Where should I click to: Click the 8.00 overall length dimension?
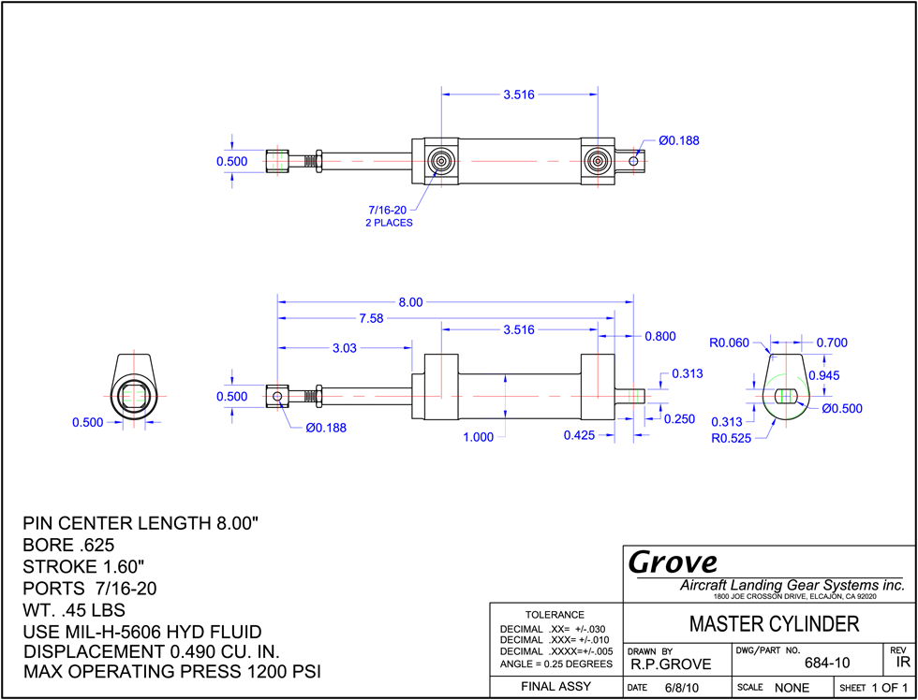pos(410,302)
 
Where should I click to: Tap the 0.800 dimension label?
pos(660,336)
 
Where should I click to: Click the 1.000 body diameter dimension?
pos(479,437)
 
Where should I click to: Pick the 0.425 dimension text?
pos(580,435)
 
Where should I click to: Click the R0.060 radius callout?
pos(730,343)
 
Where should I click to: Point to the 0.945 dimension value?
pos(823,375)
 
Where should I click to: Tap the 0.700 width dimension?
pos(832,343)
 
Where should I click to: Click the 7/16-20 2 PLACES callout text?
pos(390,216)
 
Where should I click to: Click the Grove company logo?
pos(674,562)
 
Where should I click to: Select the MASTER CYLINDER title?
pos(775,624)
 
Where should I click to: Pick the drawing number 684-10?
pos(827,663)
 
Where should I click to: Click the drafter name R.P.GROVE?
pos(671,664)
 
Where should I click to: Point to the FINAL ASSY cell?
pos(555,687)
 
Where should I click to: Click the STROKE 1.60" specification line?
pos(83,567)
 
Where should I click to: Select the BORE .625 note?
pos(67,545)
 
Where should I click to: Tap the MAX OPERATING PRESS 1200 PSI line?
pos(172,671)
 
